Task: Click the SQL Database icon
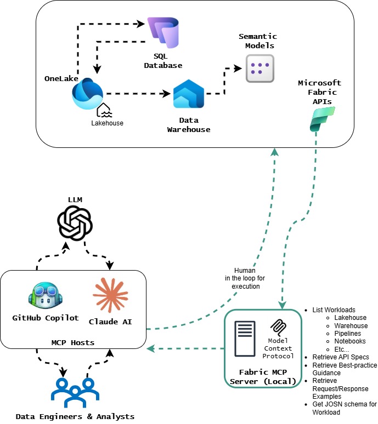pos(163,33)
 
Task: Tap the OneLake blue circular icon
pos(87,94)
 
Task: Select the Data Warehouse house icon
pos(188,94)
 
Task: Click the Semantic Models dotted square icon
pos(259,68)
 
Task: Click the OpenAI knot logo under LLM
pos(75,222)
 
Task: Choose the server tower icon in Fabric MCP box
pos(244,339)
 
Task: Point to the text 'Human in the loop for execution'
pos(245,278)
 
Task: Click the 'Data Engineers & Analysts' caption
pos(75,416)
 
